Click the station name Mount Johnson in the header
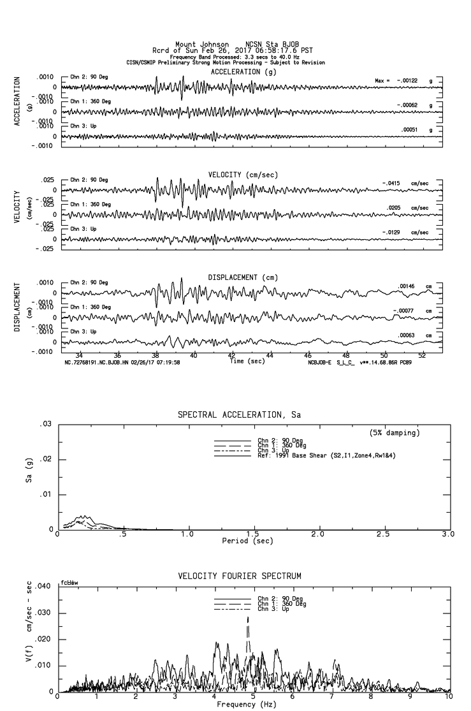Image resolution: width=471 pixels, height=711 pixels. click(x=202, y=44)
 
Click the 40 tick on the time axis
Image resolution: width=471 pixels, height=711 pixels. click(x=194, y=355)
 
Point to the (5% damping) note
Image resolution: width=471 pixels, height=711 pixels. click(x=395, y=433)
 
